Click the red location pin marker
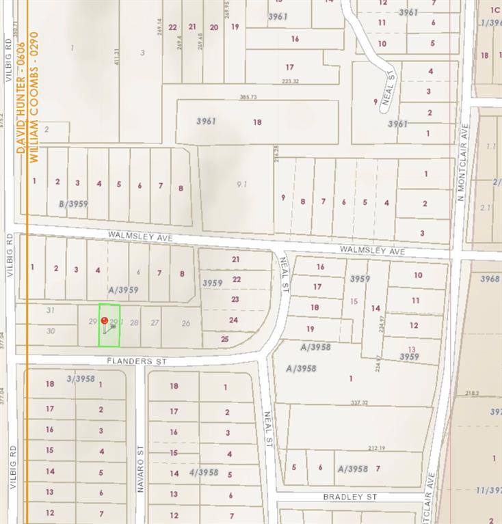(x=104, y=320)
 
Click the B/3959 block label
(x=73, y=204)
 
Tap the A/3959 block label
(x=123, y=290)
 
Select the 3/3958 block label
(x=81, y=378)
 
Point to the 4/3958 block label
(x=203, y=472)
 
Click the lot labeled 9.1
(x=241, y=184)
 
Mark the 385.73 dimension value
(x=248, y=97)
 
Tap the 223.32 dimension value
(x=290, y=81)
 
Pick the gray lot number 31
(x=50, y=310)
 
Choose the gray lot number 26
(x=185, y=323)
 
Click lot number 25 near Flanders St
(x=225, y=338)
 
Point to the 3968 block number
(x=489, y=279)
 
